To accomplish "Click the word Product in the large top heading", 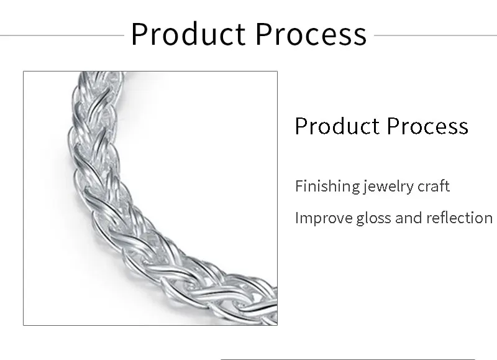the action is (x=188, y=34).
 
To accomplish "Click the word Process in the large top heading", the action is (x=311, y=34).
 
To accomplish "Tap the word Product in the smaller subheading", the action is (x=337, y=126).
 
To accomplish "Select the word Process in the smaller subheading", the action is (x=427, y=126).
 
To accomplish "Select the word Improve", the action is (x=324, y=218).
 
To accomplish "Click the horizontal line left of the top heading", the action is (x=62, y=35).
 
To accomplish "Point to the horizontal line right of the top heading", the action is (x=435, y=35).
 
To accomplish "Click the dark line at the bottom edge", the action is (x=348, y=359).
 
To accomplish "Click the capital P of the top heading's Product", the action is (x=139, y=34).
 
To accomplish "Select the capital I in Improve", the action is (x=297, y=218).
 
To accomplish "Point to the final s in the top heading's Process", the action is (x=360, y=37).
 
